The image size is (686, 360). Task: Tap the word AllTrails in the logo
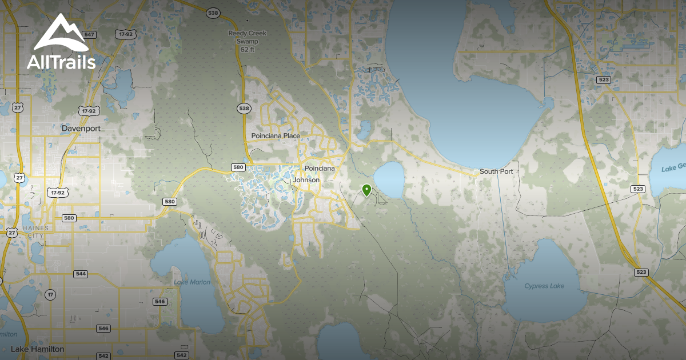61,62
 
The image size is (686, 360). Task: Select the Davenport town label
81,129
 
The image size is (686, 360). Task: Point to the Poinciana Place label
276,136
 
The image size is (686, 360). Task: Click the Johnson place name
306,180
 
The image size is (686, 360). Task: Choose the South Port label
496,171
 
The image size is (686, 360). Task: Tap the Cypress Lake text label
544,286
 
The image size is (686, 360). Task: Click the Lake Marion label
192,282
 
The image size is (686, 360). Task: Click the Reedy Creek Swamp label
248,37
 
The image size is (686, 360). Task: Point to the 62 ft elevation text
248,50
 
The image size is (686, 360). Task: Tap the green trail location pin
366,190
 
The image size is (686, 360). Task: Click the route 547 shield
89,35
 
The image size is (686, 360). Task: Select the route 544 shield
81,274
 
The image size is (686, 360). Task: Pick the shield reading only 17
51,295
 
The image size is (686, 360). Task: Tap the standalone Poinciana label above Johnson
320,169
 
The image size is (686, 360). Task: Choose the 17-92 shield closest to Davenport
88,110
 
